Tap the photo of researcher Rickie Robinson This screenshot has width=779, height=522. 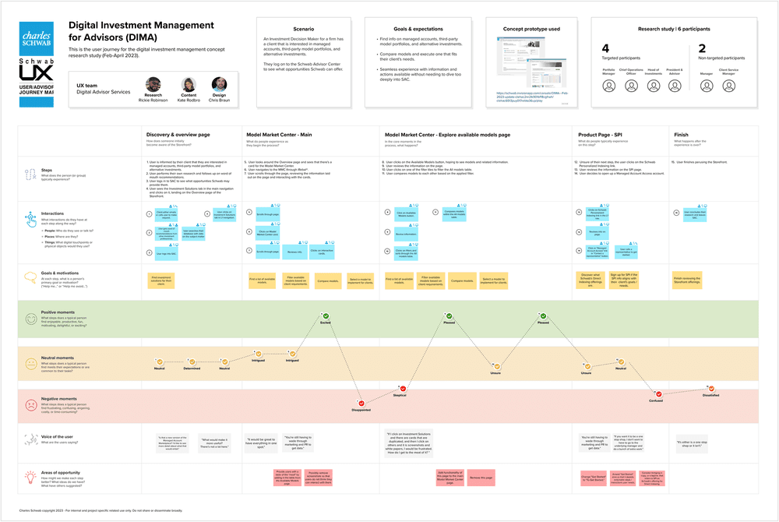point(153,83)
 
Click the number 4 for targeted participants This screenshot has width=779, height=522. point(605,48)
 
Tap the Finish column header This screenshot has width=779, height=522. point(680,134)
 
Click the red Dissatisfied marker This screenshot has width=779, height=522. point(710,388)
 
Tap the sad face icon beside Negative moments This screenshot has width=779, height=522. point(29,405)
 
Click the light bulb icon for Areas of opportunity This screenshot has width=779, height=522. point(29,476)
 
